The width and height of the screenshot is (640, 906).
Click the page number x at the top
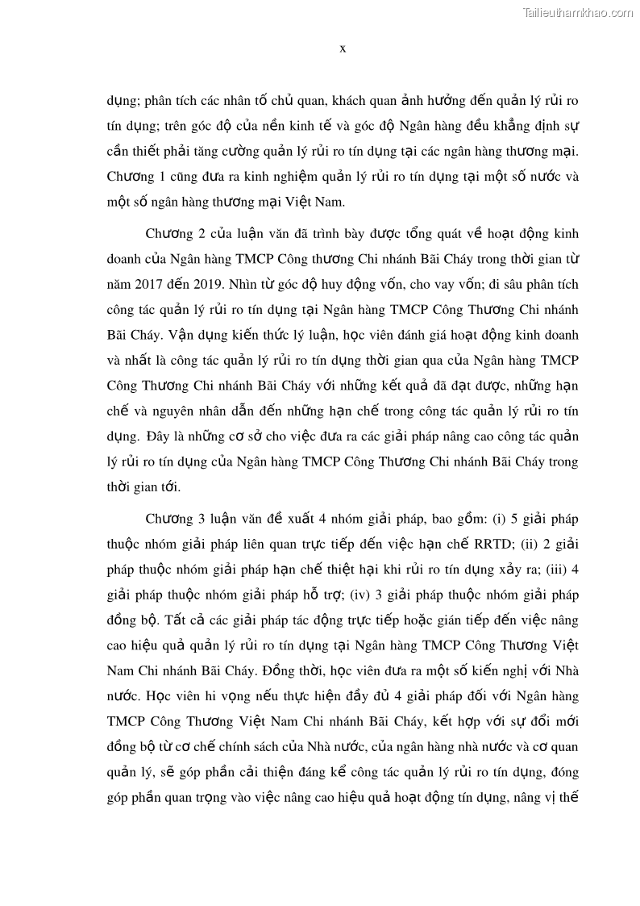tap(343, 48)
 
